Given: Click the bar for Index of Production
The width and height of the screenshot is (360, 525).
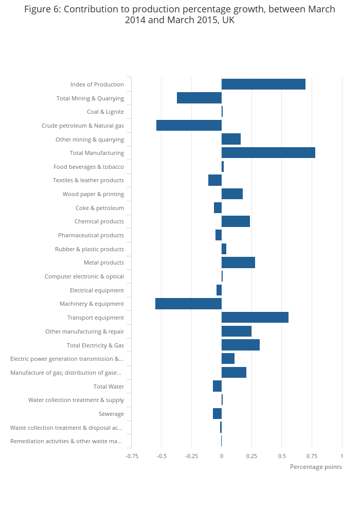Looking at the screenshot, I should coord(263,84).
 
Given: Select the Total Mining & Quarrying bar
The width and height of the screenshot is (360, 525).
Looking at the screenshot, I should coord(199,98).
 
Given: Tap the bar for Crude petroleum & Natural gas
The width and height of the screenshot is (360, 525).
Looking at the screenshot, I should coord(189,126).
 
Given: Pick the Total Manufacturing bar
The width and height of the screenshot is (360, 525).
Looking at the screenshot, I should coord(268,153).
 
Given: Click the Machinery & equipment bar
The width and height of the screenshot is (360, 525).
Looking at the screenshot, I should coord(188,304).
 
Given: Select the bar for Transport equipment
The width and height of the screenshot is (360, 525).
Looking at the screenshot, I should coord(255,318).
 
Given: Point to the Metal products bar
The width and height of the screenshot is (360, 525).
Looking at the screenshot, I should coord(238,262).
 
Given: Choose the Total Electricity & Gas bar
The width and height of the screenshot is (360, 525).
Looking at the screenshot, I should coord(240,345).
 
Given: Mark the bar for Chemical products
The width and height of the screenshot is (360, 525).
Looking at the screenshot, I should coord(236,221).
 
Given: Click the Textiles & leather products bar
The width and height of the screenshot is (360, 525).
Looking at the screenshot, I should coord(215,180).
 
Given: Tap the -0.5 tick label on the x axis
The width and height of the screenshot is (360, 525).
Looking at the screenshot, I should coord(161,456).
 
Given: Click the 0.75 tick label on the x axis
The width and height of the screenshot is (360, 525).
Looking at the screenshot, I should coord(312,456).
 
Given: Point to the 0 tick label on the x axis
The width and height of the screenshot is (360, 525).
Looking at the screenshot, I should coord(222,456).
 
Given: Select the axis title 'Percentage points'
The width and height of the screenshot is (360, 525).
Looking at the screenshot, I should coord(316,467).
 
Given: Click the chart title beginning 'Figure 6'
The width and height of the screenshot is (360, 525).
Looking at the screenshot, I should coord(179,15).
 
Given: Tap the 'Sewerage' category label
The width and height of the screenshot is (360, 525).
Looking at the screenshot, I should coord(111,414).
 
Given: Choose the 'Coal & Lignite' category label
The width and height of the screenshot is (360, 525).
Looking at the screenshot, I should coord(105,112).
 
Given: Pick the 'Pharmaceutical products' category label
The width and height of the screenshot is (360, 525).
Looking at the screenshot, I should coord(91,235).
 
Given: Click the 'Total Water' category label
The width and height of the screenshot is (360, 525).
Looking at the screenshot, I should coord(109,387).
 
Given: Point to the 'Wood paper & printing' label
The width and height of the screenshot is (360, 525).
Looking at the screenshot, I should coord(93,194).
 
